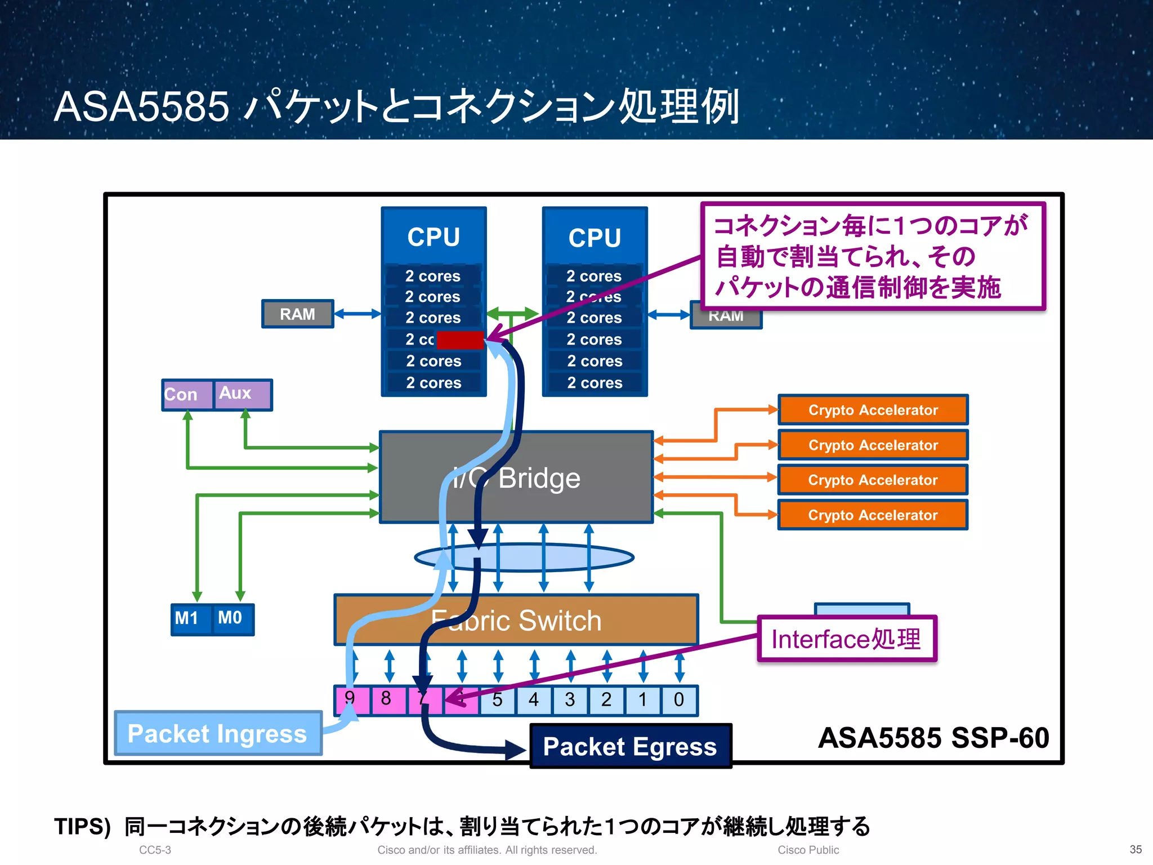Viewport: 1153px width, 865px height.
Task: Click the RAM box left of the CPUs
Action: point(297,314)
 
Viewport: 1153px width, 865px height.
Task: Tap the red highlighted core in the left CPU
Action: point(460,340)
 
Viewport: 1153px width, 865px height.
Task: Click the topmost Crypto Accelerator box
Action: point(873,410)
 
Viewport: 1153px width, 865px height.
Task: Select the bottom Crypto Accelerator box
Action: point(873,515)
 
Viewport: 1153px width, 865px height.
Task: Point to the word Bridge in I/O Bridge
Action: point(539,479)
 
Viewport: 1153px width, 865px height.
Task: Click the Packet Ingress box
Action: point(218,733)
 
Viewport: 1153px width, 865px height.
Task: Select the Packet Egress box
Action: point(630,747)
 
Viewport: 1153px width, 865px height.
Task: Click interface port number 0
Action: point(679,700)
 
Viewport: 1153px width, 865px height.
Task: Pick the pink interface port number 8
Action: point(386,700)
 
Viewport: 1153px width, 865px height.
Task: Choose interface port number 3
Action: point(570,700)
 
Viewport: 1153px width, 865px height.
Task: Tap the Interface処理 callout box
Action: point(846,639)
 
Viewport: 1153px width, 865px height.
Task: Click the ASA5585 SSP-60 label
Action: point(933,738)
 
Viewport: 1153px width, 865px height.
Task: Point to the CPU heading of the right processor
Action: point(595,238)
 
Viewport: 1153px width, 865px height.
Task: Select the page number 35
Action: point(1136,849)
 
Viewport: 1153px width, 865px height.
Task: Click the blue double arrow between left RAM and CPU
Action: point(357,314)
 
